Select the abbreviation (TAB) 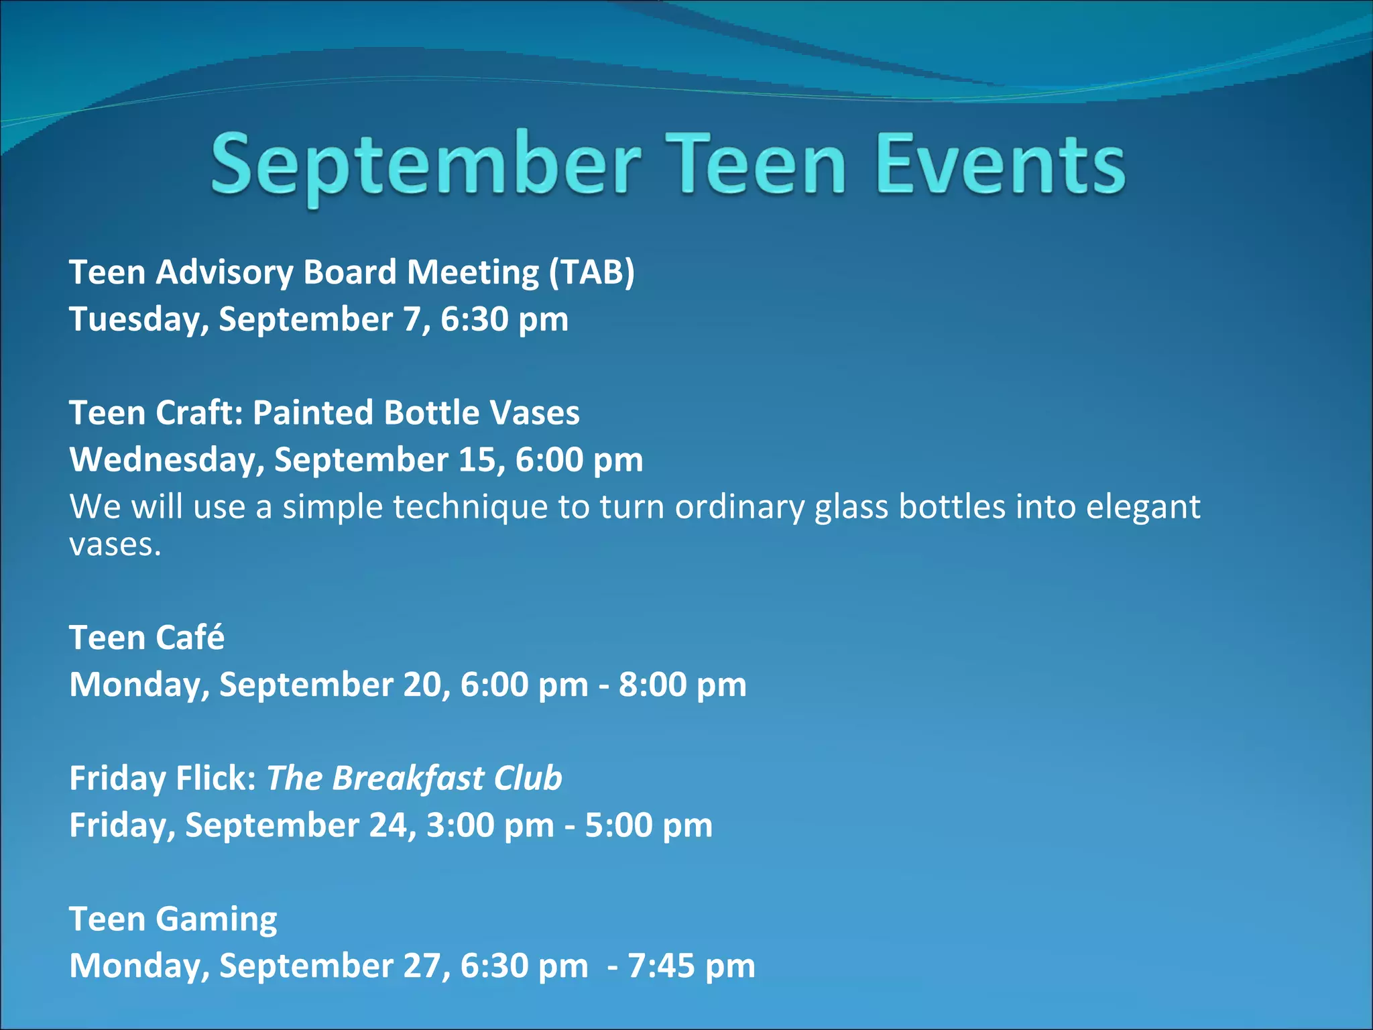pyautogui.click(x=591, y=273)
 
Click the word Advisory pyautogui.click(x=225, y=273)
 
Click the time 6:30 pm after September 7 pyautogui.click(x=504, y=319)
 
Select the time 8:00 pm pyautogui.click(x=682, y=685)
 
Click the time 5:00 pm pyautogui.click(x=648, y=825)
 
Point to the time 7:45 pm pyautogui.click(x=691, y=966)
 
